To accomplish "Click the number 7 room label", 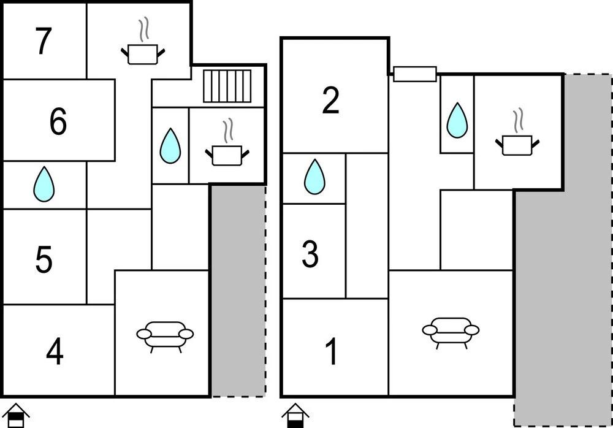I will [43, 42].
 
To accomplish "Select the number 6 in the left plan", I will [58, 121].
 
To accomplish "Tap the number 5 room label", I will [44, 259].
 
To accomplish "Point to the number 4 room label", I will [55, 352].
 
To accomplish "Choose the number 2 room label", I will [330, 101].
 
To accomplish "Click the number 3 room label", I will [310, 254].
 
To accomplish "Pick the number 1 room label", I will [331, 352].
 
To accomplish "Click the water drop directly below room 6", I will [44, 184].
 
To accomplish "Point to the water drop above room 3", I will [314, 177].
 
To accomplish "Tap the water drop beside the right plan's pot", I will [457, 120].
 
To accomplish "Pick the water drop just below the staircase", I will [170, 146].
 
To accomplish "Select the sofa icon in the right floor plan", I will [451, 332].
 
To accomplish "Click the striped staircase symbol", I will [227, 86].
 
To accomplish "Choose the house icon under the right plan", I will [295, 415].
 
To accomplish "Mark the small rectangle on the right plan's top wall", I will [414, 74].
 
